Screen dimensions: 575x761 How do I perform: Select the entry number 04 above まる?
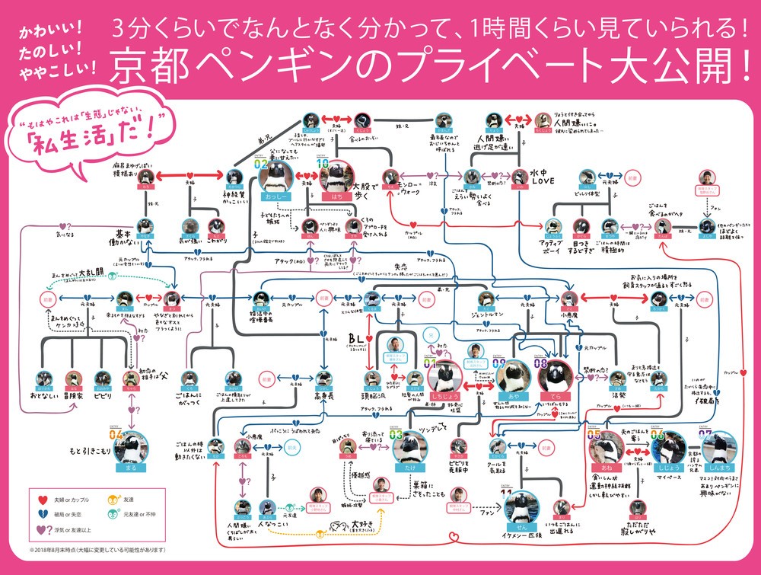pyautogui.click(x=117, y=434)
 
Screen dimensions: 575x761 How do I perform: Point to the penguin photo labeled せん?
pyautogui.click(x=521, y=506)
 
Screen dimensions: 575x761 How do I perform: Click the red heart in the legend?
pyautogui.click(x=43, y=499)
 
